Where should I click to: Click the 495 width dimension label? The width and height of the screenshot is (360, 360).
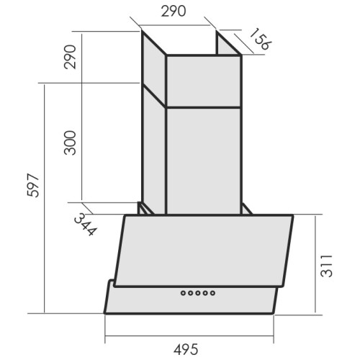click(186, 349)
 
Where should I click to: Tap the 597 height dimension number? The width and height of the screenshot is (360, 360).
click(33, 185)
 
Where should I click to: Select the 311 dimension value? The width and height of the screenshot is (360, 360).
click(327, 266)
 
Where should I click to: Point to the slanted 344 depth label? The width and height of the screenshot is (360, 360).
click(86, 225)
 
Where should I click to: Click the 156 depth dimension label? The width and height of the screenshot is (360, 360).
click(260, 39)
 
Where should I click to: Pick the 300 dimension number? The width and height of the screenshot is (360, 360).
click(70, 143)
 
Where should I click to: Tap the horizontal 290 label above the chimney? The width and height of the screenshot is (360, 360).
click(174, 12)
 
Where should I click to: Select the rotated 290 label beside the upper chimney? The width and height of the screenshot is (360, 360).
click(70, 57)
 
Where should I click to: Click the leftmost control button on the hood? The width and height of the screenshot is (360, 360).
click(184, 293)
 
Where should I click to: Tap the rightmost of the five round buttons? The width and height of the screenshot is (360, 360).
click(212, 293)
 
